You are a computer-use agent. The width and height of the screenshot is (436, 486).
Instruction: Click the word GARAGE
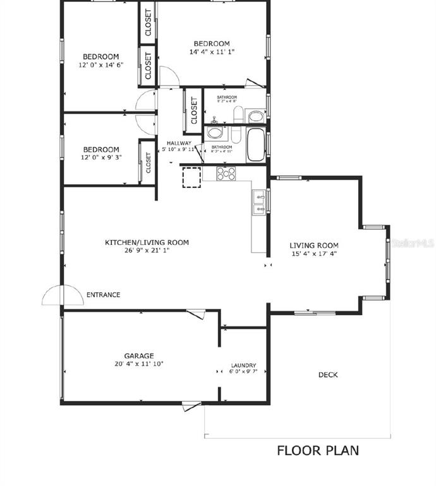point(138,356)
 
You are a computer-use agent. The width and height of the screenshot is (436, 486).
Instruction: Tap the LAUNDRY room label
point(243,365)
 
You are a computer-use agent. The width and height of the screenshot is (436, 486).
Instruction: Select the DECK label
point(327,375)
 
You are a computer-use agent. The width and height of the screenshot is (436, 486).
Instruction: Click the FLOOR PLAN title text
point(318,451)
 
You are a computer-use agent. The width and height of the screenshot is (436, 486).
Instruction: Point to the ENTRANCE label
point(103,295)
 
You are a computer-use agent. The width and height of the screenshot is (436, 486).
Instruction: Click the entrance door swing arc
point(63,294)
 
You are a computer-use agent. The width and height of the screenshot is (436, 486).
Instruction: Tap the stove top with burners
point(226,173)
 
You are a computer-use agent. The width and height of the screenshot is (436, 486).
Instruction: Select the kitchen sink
point(259,202)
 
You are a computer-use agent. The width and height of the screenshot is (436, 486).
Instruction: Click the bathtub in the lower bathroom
point(257,145)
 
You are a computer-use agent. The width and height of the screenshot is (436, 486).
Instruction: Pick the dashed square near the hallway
point(191,178)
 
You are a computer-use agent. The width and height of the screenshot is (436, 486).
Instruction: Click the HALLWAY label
point(179,143)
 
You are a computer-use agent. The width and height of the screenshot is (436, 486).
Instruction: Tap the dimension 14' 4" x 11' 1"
point(212,52)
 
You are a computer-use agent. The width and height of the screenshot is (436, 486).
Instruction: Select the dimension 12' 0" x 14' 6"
point(100,65)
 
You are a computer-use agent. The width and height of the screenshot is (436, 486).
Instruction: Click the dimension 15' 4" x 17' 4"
point(314,254)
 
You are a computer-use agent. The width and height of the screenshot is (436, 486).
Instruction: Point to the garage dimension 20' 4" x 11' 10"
point(138,364)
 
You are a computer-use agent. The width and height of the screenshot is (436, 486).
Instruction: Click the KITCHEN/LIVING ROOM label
point(147,242)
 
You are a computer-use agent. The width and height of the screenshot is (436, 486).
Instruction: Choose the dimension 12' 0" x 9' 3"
point(100,158)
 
